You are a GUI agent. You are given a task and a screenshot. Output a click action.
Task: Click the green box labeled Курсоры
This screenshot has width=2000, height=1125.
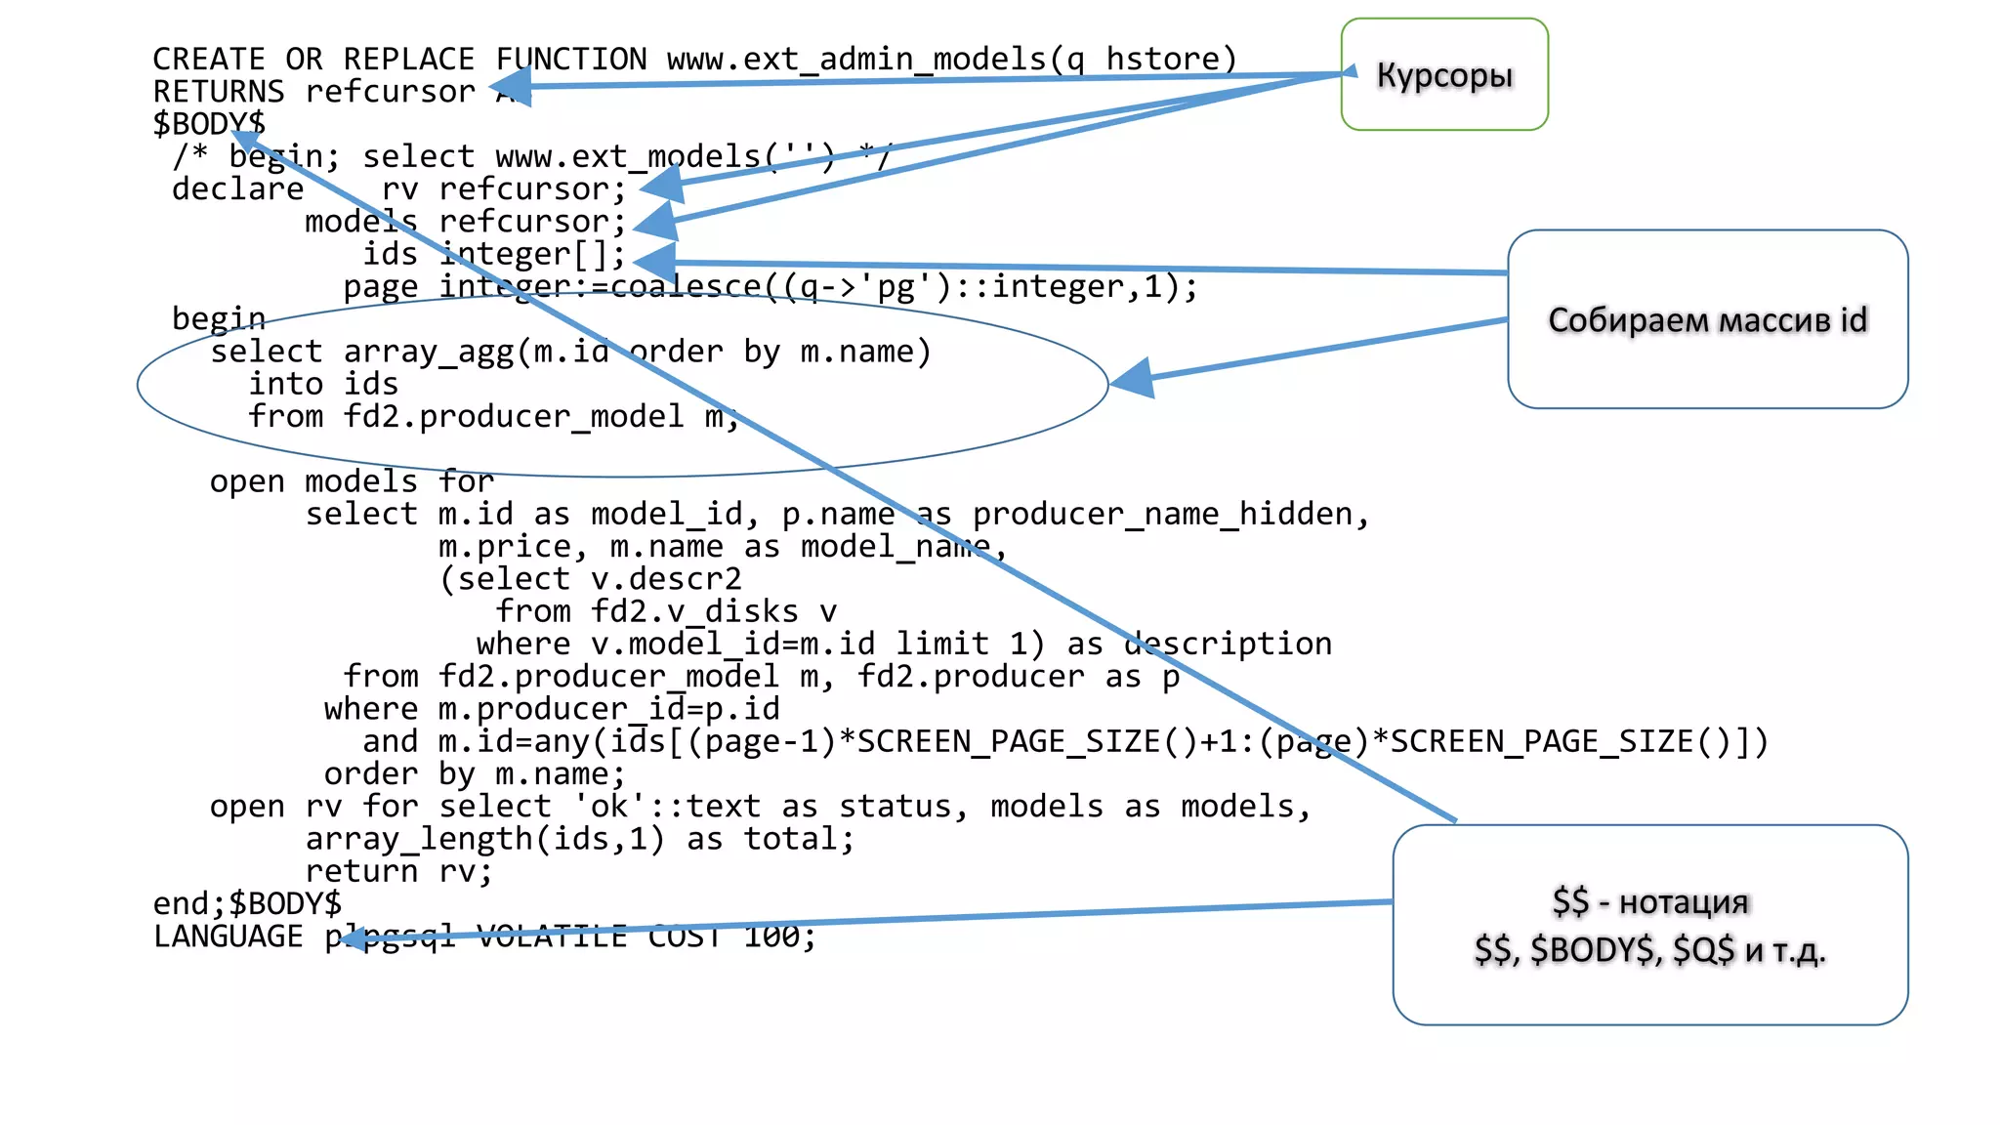[1443, 74]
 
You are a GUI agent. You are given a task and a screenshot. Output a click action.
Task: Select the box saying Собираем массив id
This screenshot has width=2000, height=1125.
[1706, 319]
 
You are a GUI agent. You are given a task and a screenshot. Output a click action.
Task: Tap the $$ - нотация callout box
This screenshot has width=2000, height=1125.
[1649, 925]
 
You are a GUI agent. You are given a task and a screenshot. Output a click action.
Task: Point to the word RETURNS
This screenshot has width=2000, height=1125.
[218, 92]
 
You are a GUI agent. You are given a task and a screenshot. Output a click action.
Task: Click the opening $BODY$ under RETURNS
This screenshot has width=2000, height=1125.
[209, 124]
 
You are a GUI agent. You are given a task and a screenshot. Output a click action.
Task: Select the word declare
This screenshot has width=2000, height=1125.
[237, 188]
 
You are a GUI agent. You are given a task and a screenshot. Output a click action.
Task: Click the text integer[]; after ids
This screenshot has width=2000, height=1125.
[532, 254]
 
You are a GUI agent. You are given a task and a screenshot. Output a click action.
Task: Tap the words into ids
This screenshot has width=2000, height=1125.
[323, 384]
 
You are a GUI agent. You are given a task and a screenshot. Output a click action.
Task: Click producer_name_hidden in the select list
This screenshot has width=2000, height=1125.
[1162, 514]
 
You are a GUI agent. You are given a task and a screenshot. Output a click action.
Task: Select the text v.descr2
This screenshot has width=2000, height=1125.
[666, 579]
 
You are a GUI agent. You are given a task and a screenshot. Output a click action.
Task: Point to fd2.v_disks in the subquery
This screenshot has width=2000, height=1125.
[693, 611]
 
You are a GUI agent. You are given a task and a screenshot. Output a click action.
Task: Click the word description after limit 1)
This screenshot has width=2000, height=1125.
[1228, 644]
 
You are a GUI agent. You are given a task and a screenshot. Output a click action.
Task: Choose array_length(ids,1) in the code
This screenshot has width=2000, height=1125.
[484, 839]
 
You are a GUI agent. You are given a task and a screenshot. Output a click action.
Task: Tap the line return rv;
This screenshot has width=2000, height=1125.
[398, 871]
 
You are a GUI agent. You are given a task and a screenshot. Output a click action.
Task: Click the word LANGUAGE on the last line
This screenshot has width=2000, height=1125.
[228, 937]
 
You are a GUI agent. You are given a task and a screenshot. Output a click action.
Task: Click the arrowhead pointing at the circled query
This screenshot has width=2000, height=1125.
[1133, 378]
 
